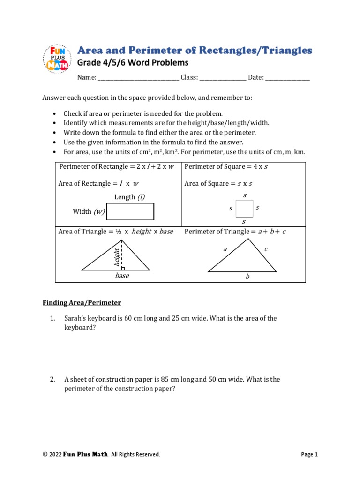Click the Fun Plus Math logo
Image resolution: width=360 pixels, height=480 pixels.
[x=56, y=59]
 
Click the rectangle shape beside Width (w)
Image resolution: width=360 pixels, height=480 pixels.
[x=130, y=212]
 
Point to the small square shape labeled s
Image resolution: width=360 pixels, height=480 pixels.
[x=244, y=208]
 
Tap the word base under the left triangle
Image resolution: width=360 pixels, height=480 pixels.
[x=122, y=276]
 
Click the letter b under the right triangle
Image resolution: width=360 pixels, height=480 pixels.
[x=247, y=277]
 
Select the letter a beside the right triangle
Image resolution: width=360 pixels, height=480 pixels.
[x=225, y=249]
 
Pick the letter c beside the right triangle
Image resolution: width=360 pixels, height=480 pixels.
[x=266, y=249]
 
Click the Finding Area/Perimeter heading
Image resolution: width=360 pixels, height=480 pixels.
[x=82, y=303]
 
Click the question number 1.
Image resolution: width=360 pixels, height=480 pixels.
[x=52, y=318]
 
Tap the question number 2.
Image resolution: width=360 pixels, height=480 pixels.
[x=52, y=379]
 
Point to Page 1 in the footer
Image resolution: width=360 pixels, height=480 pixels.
[x=309, y=454]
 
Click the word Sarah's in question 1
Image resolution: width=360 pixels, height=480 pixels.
[x=75, y=318]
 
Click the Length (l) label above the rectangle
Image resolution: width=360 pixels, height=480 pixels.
[x=129, y=197]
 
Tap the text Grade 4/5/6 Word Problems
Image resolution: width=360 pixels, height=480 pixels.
[x=133, y=63]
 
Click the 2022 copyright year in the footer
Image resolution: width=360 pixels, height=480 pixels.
[x=56, y=454]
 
